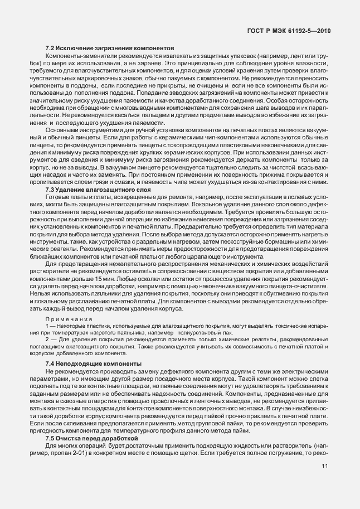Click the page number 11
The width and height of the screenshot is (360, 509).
point(324,475)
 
